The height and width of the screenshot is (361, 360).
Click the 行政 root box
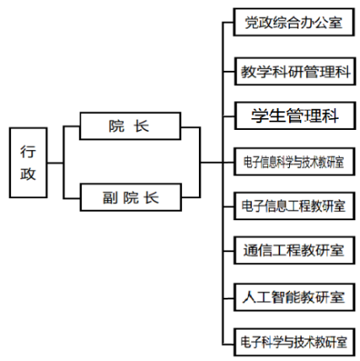click(x=28, y=163)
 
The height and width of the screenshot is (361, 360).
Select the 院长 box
click(x=130, y=126)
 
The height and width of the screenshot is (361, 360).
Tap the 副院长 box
click(x=131, y=197)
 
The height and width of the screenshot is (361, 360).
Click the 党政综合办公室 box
click(x=293, y=22)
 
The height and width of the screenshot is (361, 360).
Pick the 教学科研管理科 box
click(x=295, y=72)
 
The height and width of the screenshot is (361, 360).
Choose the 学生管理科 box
click(x=295, y=116)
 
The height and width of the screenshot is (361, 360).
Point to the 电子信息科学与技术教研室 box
click(x=294, y=162)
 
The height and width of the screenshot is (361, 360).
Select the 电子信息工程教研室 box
click(x=294, y=206)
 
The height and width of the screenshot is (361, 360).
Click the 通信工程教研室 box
click(x=294, y=251)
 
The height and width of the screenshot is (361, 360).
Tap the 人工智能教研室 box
click(x=294, y=297)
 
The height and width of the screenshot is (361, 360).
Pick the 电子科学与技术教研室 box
click(x=294, y=342)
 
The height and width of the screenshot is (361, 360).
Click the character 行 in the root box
click(x=28, y=152)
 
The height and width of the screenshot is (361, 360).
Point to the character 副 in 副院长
click(x=110, y=197)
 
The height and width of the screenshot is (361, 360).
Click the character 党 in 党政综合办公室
click(x=251, y=23)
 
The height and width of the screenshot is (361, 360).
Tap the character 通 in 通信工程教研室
click(x=250, y=251)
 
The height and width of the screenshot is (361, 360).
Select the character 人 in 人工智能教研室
click(x=250, y=297)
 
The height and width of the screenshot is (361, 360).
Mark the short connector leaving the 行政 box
click(x=56, y=163)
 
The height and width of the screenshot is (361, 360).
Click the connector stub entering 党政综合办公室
click(x=228, y=22)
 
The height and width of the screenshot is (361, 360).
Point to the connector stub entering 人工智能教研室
click(x=228, y=298)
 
